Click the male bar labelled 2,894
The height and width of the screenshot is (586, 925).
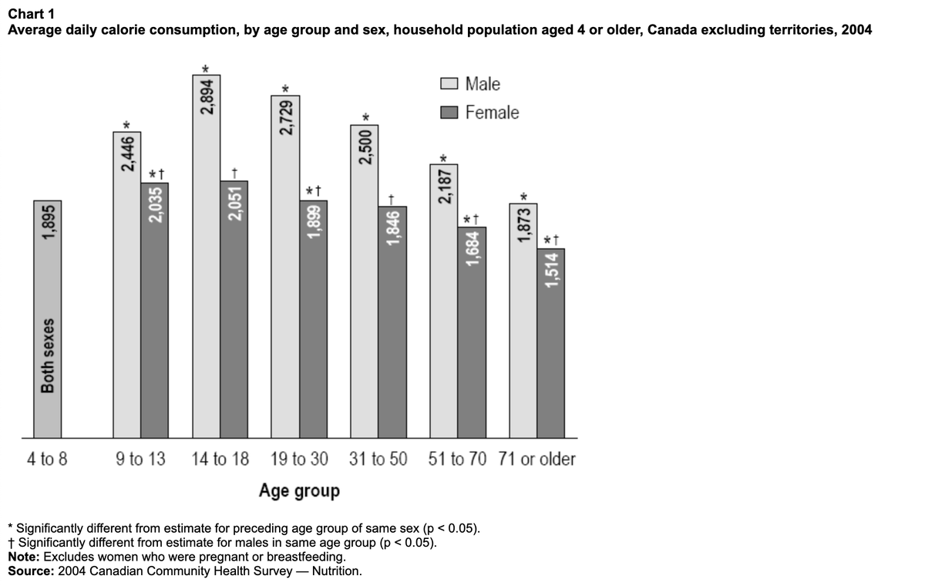(206, 256)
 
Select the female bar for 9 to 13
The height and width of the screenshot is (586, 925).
(154, 310)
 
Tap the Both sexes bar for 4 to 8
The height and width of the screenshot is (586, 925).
(48, 319)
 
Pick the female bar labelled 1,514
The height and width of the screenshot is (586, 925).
(551, 343)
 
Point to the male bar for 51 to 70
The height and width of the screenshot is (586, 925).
(443, 301)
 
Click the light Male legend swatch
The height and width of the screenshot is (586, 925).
(449, 83)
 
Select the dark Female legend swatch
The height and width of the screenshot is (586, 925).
(449, 113)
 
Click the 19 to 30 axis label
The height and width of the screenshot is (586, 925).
(299, 459)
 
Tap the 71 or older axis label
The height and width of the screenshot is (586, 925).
(536, 459)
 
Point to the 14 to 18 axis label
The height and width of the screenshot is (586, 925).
(220, 459)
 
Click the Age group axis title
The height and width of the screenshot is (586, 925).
(299, 491)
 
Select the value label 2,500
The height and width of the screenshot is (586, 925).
(365, 147)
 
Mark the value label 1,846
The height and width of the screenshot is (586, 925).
(392, 228)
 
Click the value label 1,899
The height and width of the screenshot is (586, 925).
(314, 222)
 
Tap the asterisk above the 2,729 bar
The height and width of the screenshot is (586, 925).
(285, 89)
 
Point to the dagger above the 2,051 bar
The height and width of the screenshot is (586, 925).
(234, 173)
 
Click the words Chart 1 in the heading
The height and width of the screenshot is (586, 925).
(31, 14)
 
